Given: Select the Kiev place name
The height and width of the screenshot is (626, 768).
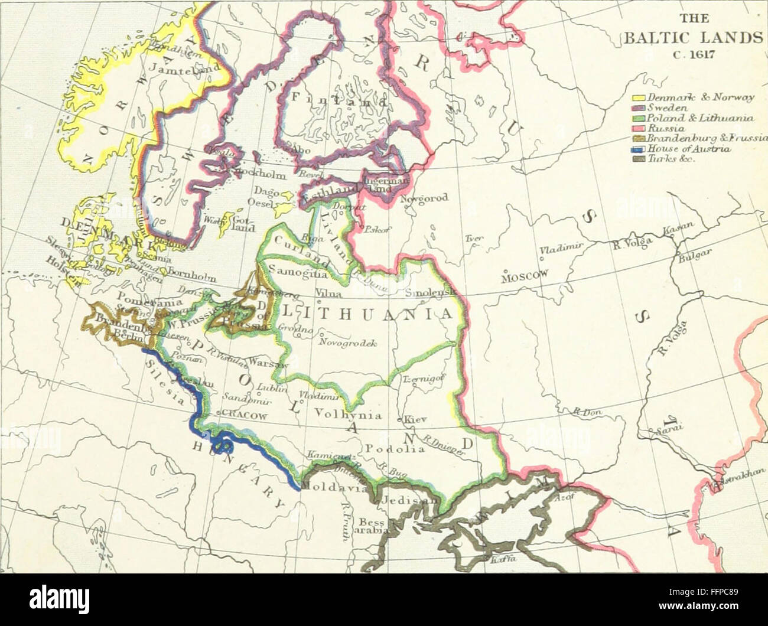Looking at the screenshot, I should pos(415,420).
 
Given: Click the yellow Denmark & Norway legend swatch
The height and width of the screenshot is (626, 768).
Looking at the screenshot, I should pos(639,97).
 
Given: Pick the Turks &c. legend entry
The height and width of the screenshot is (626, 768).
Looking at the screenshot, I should pos(668,158).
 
